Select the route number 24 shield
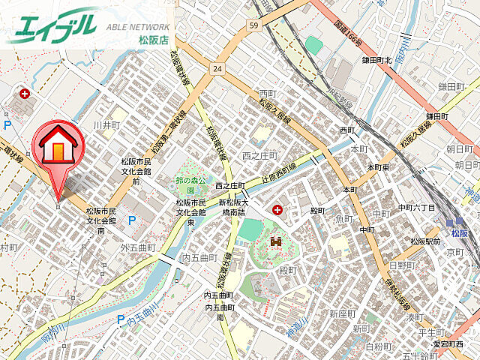tap(217, 68)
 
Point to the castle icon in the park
tap(274, 242)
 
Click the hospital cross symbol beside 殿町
tap(279, 208)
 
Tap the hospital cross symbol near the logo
tap(25, 94)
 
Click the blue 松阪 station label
tap(459, 233)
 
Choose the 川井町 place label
tap(106, 124)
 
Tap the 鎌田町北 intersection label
tap(378, 59)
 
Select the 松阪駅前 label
tap(425, 241)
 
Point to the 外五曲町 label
tap(137, 247)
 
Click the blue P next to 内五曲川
tap(121, 319)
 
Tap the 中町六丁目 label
tap(416, 206)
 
